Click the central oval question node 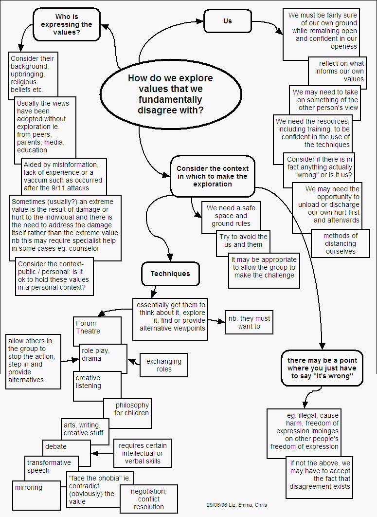click(170, 94)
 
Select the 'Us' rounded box click(228, 21)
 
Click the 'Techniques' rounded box click(170, 274)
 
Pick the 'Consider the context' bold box click(213, 176)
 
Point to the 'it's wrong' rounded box click(322, 368)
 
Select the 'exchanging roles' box click(163, 365)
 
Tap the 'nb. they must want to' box click(249, 322)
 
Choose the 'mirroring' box click(29, 487)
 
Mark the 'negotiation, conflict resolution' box click(149, 499)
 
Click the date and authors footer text click(236, 505)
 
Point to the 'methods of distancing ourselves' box click(341, 243)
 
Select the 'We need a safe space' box click(231, 216)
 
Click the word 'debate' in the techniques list click(56, 446)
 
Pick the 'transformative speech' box click(49, 466)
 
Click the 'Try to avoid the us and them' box click(243, 240)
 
